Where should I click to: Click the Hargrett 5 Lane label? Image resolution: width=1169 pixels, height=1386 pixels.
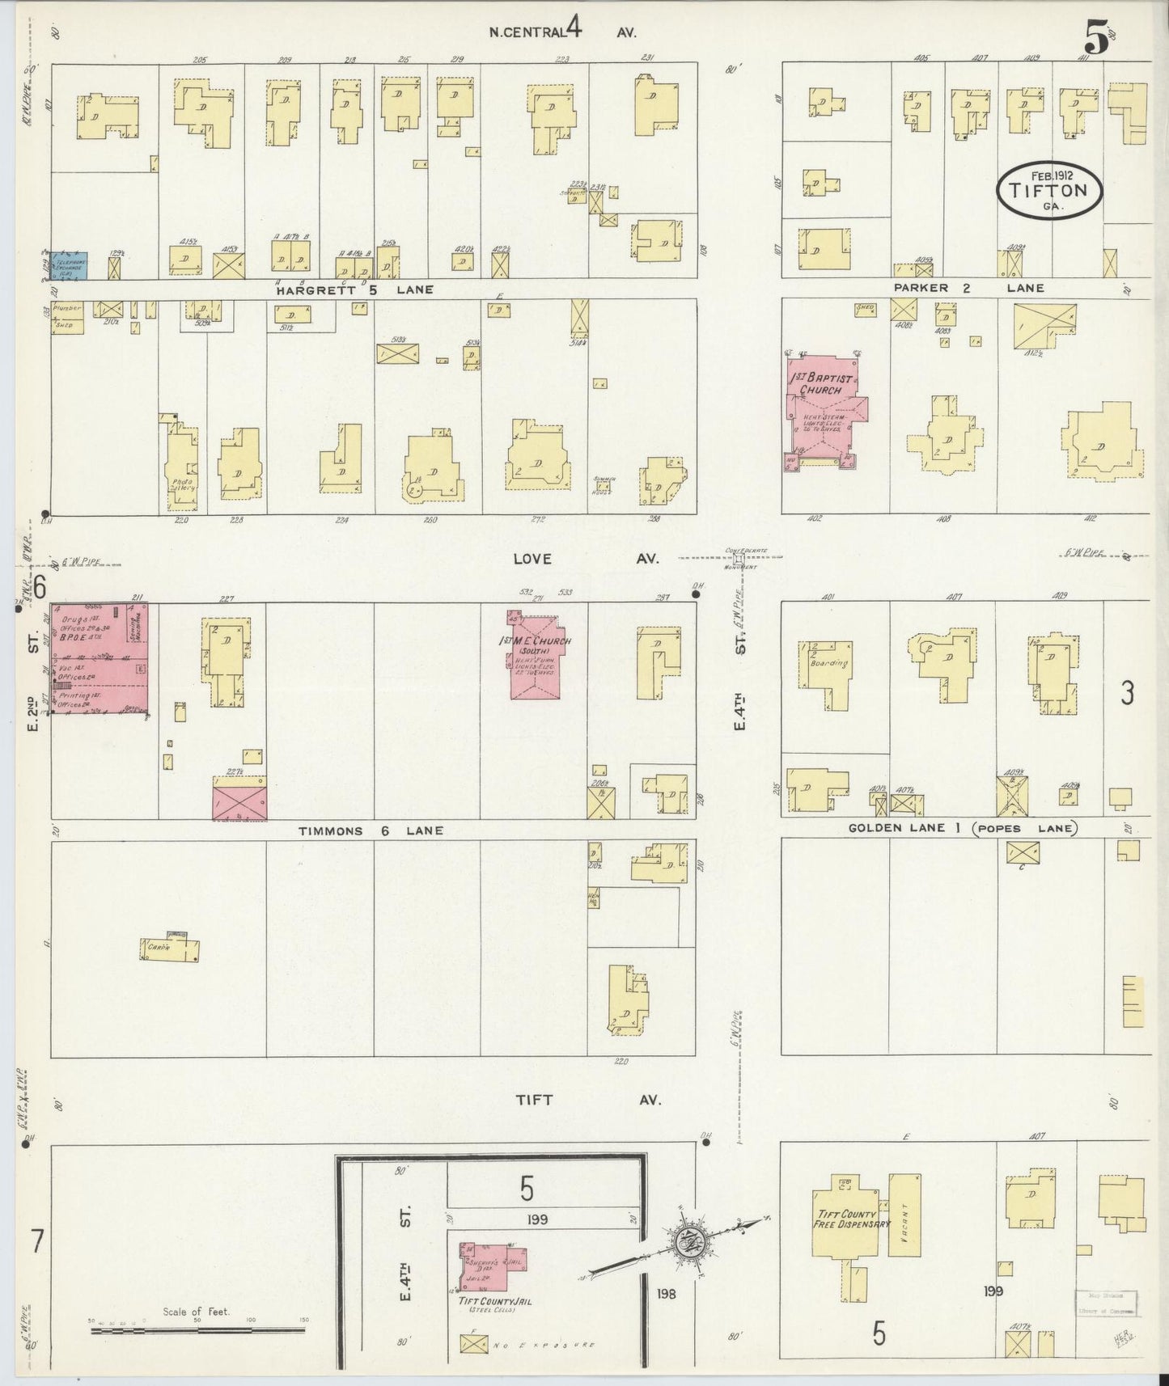pos(354,289)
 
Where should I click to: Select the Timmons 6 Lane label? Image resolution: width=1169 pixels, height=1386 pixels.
pos(371,830)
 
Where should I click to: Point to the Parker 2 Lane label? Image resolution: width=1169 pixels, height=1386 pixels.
pos(968,288)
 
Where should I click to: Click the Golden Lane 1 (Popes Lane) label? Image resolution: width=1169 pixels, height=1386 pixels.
pos(962,828)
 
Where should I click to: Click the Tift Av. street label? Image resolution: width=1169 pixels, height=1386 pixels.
pos(589,1101)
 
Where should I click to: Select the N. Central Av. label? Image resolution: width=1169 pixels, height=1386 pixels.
pos(562,32)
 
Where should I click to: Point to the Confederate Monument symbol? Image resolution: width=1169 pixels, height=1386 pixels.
pos(738,558)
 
